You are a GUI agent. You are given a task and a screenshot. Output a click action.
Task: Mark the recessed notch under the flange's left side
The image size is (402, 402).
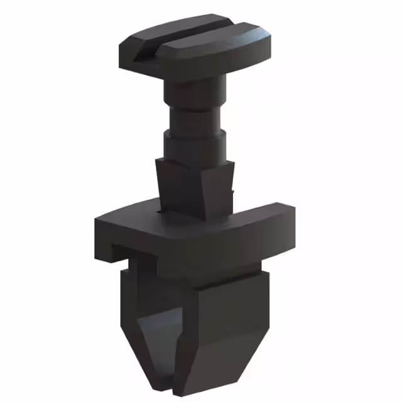pos(122,254)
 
